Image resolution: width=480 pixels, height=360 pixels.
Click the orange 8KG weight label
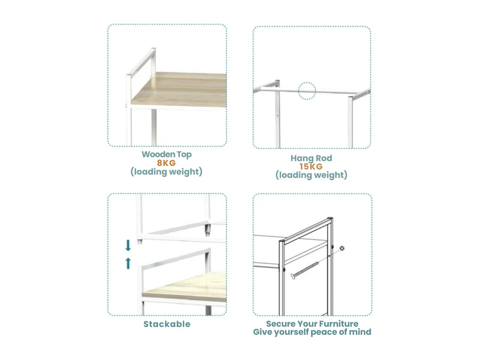[x=166, y=163]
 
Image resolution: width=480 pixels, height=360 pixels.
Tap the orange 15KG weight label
[x=311, y=167]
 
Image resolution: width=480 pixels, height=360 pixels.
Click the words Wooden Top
[x=167, y=155]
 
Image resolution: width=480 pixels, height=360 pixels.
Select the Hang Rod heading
[x=311, y=158]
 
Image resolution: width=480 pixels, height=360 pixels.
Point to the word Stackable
[x=167, y=324]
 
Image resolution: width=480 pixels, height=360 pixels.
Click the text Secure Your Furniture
[x=312, y=323]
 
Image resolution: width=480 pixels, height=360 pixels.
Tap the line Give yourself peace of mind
[x=312, y=332]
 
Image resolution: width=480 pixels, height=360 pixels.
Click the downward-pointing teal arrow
[x=128, y=245]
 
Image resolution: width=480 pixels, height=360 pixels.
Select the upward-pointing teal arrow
[x=128, y=263]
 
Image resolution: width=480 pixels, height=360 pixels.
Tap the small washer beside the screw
[x=342, y=248]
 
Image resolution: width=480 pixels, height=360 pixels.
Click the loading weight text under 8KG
[x=167, y=172]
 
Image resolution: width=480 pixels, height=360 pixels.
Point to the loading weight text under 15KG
[x=311, y=175]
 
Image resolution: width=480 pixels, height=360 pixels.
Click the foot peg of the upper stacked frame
[x=208, y=230]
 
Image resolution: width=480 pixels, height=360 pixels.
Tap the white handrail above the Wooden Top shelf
[x=141, y=63]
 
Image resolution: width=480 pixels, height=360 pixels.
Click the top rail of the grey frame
[x=306, y=230]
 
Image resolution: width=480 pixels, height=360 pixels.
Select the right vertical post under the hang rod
[x=350, y=122]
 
